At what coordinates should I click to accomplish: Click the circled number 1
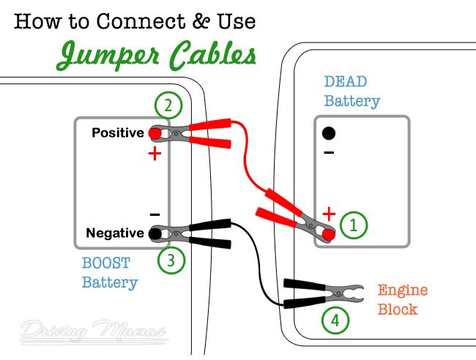pos(354,225)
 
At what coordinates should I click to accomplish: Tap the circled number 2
pos(168,105)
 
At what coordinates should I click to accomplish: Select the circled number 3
pos(171,260)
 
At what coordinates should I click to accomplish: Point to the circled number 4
pos(335,320)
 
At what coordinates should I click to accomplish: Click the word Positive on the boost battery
pos(118,133)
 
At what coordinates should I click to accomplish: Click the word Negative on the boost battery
pos(115,233)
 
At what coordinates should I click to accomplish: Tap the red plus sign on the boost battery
pos(155,154)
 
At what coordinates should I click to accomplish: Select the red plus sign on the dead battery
pos(329,214)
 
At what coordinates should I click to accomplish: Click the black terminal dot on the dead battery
pos(329,133)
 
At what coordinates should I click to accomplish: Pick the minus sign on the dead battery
pos(329,152)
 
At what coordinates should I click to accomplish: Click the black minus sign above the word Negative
pos(155,214)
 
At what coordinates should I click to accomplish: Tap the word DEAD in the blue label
pos(346,81)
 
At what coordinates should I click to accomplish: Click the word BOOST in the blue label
pos(106,263)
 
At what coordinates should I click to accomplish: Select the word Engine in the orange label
pos(403,290)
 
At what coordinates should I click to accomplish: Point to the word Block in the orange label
pos(398,310)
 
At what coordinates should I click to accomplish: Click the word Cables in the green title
pos(212,55)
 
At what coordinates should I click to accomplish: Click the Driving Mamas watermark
pos(94,331)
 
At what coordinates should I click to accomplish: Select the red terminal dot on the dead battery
pos(329,235)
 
